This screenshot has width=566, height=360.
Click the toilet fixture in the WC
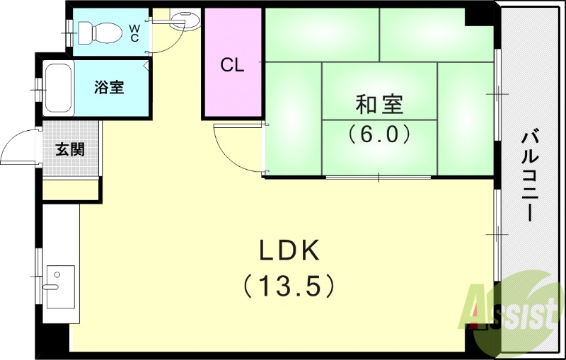(x=96, y=32)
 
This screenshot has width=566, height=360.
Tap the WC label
(x=134, y=33)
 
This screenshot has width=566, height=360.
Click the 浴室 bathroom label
(x=110, y=88)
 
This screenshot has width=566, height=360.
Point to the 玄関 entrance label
(x=71, y=149)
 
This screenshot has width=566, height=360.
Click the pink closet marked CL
(x=232, y=66)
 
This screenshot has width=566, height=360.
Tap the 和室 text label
(x=379, y=105)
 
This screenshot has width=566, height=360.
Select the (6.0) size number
(x=379, y=133)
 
